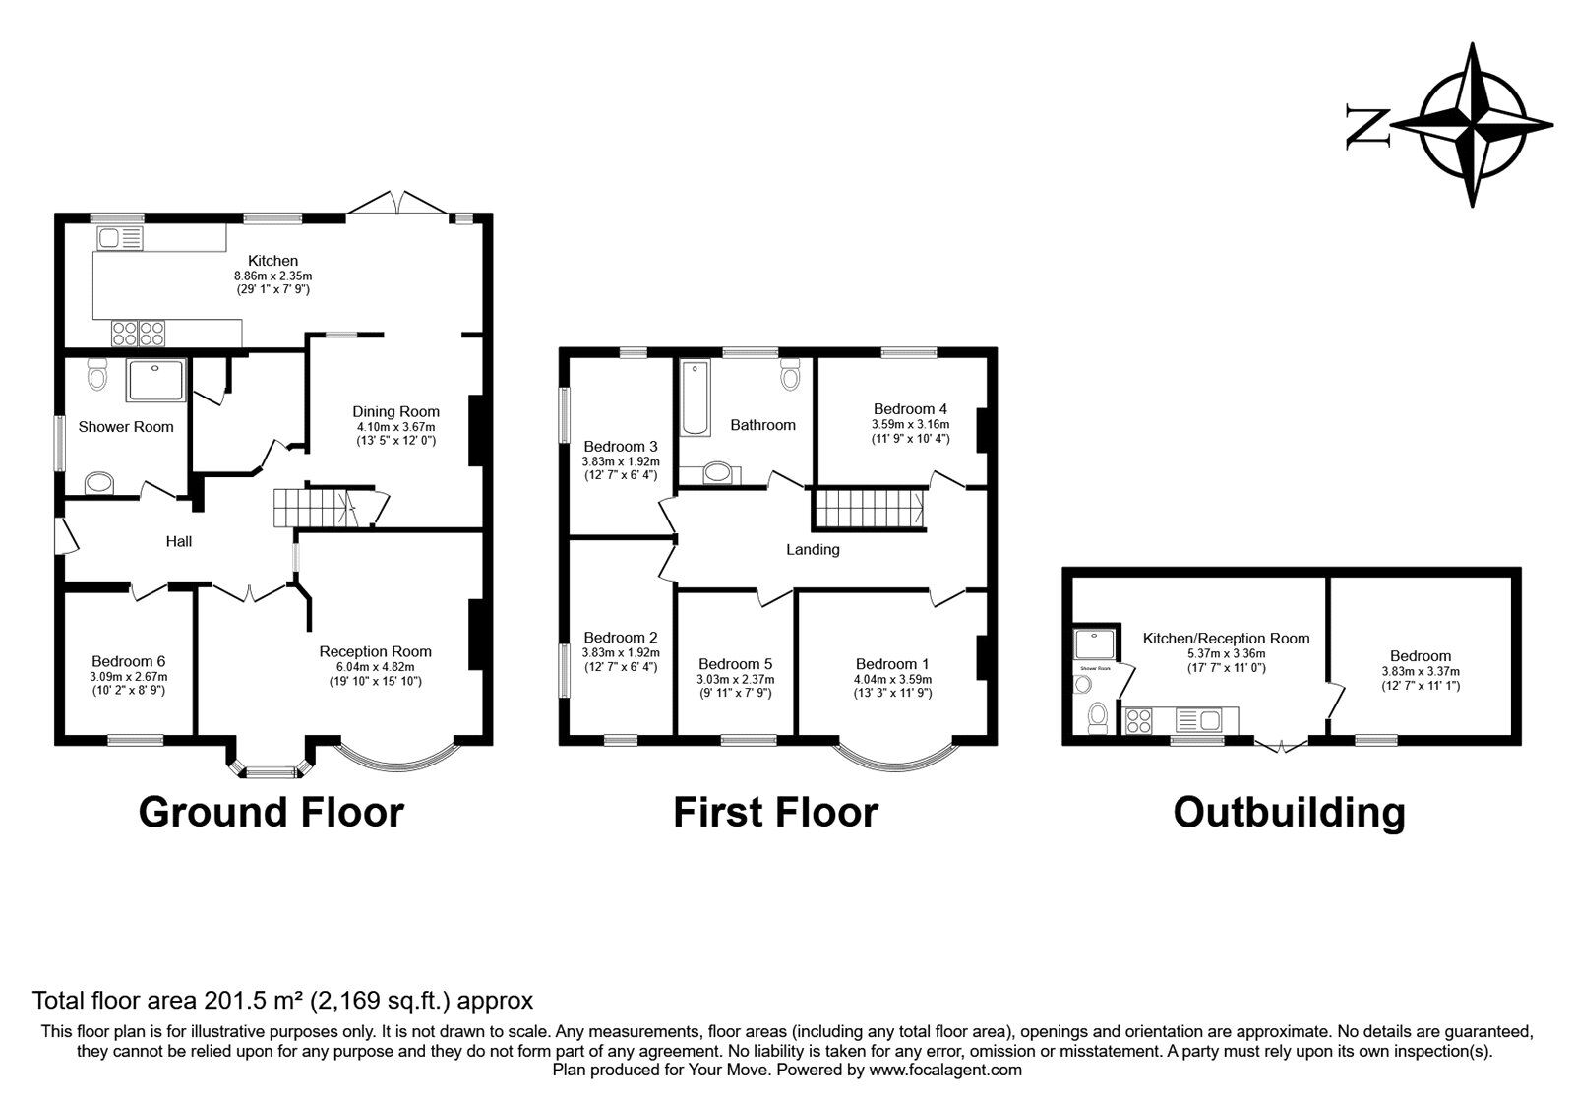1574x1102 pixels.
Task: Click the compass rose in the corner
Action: (x=1473, y=125)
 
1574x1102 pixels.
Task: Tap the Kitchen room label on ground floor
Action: (x=272, y=261)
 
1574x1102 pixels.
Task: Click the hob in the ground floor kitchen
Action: (x=139, y=334)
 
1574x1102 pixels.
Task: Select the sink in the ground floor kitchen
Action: (x=120, y=237)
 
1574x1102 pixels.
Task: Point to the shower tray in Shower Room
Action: (x=155, y=380)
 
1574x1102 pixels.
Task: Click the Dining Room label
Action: (x=396, y=411)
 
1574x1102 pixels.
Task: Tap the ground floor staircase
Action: (x=311, y=509)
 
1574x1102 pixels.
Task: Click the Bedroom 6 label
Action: (x=128, y=661)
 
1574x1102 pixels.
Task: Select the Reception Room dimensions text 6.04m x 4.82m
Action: (x=375, y=666)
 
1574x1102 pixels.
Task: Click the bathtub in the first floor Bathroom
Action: (x=695, y=398)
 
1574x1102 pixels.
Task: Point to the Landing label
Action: (x=813, y=549)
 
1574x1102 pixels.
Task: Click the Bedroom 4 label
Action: (x=910, y=408)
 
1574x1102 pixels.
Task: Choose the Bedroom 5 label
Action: (x=736, y=663)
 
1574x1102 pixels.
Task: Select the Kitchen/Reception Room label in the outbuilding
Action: (x=1226, y=638)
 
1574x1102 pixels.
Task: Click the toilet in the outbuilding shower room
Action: (x=1099, y=715)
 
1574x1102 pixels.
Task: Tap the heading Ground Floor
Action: (x=272, y=813)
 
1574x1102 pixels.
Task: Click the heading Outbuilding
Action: (x=1289, y=813)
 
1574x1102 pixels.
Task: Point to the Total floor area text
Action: (x=283, y=1001)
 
